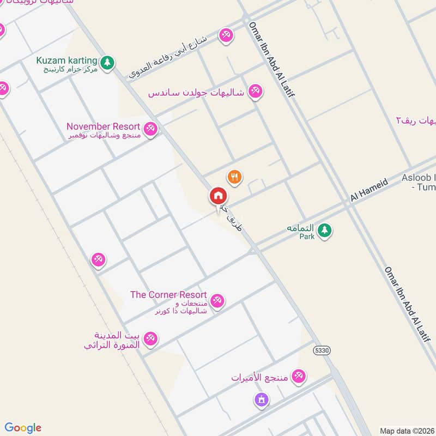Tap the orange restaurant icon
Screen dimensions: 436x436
click(235, 177)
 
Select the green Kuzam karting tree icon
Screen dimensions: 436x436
click(108, 63)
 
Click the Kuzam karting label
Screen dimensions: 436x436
click(66, 60)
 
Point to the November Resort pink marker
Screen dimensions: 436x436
click(151, 129)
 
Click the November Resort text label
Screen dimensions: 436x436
click(103, 126)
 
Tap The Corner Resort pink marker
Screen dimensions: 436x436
click(217, 300)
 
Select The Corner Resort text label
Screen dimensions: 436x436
click(168, 295)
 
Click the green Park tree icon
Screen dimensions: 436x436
click(325, 231)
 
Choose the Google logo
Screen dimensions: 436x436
click(23, 428)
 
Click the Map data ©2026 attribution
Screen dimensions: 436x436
click(407, 431)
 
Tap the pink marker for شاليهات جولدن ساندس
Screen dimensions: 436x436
click(255, 92)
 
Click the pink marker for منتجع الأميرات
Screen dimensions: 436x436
click(298, 376)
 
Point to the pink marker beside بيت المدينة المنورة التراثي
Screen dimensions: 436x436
click(151, 338)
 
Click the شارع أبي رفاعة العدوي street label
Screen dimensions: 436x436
click(169, 57)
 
